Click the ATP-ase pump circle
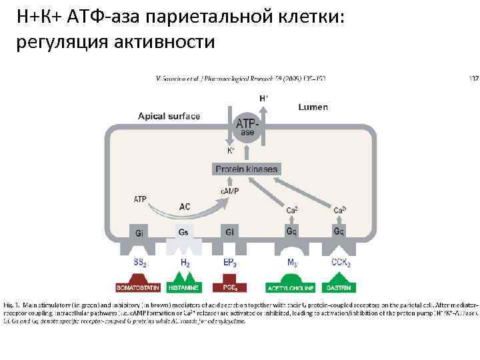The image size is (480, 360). (x=247, y=127)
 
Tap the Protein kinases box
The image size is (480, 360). (x=246, y=169)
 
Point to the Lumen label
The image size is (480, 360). (x=313, y=107)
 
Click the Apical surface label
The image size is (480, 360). (x=169, y=116)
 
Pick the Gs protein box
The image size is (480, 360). (x=184, y=232)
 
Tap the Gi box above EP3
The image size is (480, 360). (x=229, y=232)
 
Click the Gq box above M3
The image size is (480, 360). (x=292, y=232)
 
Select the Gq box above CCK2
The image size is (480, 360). (x=339, y=232)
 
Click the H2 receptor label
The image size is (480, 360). (x=185, y=263)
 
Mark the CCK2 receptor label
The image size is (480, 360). (x=341, y=263)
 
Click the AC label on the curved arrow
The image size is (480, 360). (x=185, y=207)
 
